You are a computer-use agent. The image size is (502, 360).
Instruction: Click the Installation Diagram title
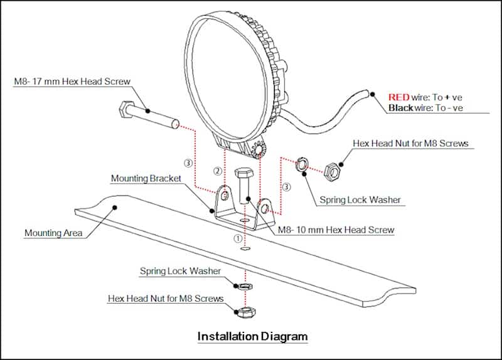tap(252, 336)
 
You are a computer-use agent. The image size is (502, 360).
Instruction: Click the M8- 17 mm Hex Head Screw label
tap(70, 83)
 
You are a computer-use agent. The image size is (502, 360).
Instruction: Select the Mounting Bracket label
tap(146, 179)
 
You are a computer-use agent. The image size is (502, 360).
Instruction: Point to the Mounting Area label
tap(53, 233)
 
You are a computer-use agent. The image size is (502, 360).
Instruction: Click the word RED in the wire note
tap(398, 97)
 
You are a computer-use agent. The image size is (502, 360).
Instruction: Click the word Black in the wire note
tap(401, 109)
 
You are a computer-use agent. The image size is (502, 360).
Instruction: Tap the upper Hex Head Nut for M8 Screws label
tap(410, 144)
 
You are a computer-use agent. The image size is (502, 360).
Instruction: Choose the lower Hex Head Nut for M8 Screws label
tap(166, 299)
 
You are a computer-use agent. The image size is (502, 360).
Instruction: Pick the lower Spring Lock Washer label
tap(180, 271)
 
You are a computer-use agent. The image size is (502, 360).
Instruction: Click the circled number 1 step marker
tap(238, 239)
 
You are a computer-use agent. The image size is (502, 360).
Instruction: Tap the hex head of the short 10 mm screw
tap(243, 173)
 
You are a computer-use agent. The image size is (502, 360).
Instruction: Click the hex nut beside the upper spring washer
tap(332, 169)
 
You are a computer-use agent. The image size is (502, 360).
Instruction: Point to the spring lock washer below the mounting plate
tap(246, 285)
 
